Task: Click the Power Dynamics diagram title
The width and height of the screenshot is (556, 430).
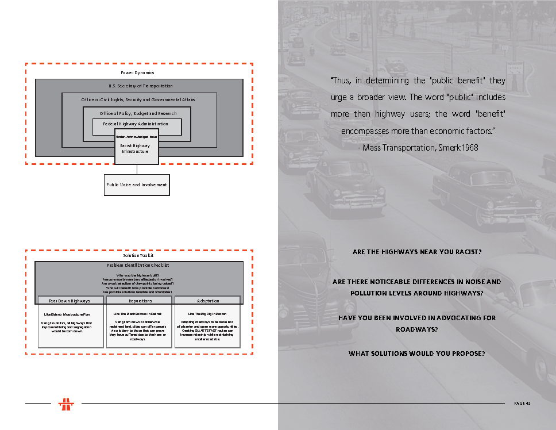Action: click(x=137, y=72)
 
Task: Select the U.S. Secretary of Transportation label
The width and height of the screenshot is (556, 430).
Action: click(x=140, y=86)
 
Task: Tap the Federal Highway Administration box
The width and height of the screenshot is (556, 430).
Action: click(x=136, y=124)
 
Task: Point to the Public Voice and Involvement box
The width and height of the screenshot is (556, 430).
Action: click(x=137, y=185)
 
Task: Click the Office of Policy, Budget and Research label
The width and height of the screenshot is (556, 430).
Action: click(x=138, y=113)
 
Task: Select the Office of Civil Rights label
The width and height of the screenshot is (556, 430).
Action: click(x=138, y=99)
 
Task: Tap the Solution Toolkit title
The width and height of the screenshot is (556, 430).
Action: click(x=138, y=255)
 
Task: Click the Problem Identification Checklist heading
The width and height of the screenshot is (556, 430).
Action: click(x=138, y=265)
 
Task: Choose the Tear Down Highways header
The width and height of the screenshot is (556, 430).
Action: click(x=69, y=301)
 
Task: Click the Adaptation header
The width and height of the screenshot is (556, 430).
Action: click(x=207, y=301)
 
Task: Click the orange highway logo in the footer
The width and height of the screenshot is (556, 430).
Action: click(x=67, y=404)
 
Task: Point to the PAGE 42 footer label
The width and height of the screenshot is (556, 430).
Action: click(x=522, y=403)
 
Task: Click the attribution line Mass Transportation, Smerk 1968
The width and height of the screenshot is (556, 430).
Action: click(x=418, y=148)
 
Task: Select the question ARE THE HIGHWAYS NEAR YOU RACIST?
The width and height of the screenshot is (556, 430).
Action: click(x=416, y=252)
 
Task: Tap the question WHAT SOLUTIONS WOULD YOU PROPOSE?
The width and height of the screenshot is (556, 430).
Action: click(x=416, y=354)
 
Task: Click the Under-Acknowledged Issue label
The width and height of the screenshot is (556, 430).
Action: click(x=137, y=137)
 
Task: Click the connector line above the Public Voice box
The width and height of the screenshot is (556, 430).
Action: click(x=137, y=170)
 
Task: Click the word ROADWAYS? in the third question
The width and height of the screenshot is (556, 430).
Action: click(x=416, y=329)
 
